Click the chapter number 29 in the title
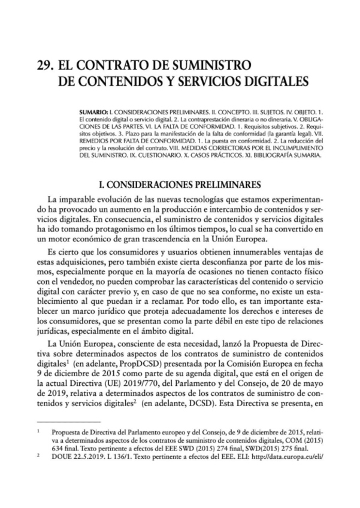[x=46, y=63]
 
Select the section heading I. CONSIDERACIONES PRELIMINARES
[x=180, y=183]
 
